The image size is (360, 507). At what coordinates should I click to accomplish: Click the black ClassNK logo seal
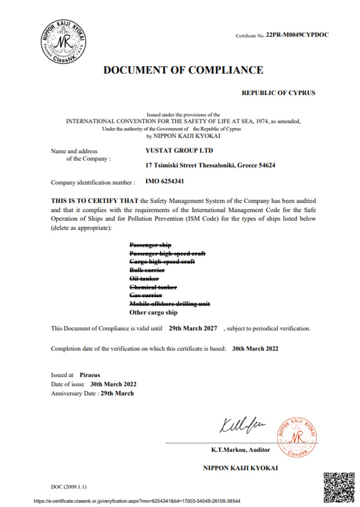pos(64,41)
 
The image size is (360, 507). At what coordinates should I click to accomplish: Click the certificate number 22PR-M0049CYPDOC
pos(297,35)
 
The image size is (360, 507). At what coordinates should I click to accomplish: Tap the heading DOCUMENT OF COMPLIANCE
pos(183,70)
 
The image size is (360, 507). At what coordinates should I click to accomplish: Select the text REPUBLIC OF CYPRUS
pos(278,93)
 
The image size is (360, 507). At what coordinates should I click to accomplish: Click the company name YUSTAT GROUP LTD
pos(179,150)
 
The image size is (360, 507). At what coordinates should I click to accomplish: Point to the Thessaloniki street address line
pos(210,165)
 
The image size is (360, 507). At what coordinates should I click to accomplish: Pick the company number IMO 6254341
pos(165,181)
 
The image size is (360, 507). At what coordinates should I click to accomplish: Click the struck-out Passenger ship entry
pos(150,245)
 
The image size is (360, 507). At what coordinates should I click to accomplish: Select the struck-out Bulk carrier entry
pos(147,270)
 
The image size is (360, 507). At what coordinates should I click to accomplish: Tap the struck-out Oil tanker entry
pos(144,279)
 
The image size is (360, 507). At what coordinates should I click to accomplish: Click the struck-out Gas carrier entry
pos(146,295)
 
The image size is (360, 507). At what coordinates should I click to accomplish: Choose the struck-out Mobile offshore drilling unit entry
pos(170,304)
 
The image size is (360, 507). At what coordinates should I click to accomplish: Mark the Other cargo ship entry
pos(153,313)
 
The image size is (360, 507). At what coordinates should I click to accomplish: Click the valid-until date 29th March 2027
pos(193,328)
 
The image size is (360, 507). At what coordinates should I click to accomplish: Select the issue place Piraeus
pos(90,375)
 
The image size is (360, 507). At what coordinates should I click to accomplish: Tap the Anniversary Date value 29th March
pos(117,394)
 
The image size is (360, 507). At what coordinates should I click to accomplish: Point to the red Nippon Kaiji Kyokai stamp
pos(297,436)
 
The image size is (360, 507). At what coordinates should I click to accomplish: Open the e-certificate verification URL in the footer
pos(137,501)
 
